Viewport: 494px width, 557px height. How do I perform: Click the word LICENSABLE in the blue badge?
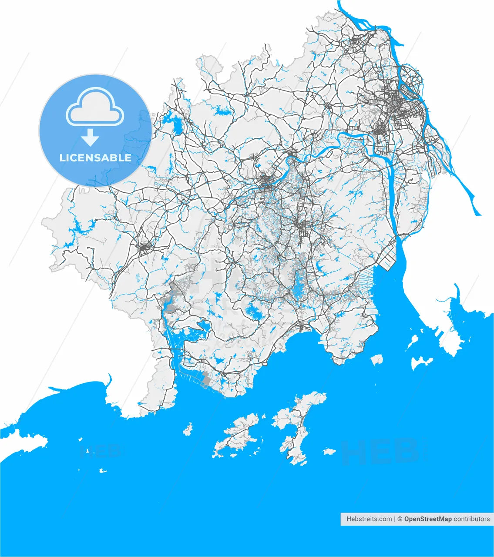coord(95,158)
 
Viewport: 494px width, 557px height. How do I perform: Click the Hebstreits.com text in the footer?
coord(369,519)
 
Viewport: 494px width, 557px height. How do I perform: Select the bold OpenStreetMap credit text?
coord(428,519)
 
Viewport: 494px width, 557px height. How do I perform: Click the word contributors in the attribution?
coord(472,519)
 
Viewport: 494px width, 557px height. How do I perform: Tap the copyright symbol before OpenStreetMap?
coord(400,519)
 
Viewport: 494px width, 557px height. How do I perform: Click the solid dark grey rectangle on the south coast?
coord(207,381)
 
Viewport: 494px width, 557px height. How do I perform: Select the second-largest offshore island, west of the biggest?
coord(237,435)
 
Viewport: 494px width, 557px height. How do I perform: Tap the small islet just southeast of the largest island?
coord(329,452)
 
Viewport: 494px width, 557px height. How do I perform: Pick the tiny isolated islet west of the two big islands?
coord(188,429)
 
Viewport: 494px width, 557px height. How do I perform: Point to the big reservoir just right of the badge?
coord(177,125)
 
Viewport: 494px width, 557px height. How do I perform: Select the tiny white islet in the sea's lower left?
coord(103,470)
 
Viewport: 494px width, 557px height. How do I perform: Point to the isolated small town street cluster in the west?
coord(144,247)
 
